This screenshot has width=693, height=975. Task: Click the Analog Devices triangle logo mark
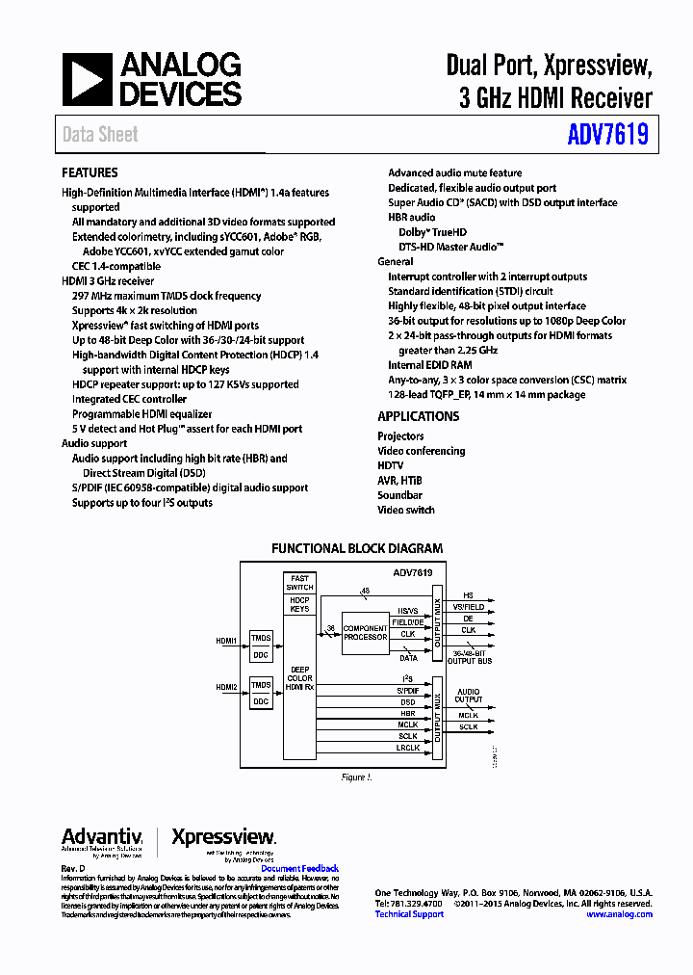tap(88, 80)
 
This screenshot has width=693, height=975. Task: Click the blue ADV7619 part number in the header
tap(607, 135)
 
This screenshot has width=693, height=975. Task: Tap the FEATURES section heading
tap(90, 173)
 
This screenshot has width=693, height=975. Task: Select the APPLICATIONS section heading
tap(418, 417)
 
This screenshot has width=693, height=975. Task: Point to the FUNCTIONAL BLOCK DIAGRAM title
tap(357, 549)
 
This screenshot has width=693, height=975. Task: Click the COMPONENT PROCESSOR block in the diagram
tap(366, 632)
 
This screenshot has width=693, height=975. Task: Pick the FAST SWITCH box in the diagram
tap(299, 583)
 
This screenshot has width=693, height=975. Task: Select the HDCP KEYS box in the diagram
tap(299, 605)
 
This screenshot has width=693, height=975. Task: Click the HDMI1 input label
tap(227, 640)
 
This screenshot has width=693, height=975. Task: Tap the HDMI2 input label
tap(227, 687)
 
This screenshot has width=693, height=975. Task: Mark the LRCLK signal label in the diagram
tap(408, 748)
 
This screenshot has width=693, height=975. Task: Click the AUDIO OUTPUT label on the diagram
tap(469, 696)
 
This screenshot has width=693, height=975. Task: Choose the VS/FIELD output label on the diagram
tap(469, 607)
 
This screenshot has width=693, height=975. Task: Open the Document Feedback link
tap(300, 869)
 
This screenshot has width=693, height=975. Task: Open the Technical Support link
tap(409, 914)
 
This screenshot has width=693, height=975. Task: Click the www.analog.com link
tap(619, 914)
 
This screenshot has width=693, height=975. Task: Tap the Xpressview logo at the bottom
tap(223, 838)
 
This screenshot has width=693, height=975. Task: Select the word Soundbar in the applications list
tap(399, 495)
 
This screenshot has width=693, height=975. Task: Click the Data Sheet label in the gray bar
tap(100, 135)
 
